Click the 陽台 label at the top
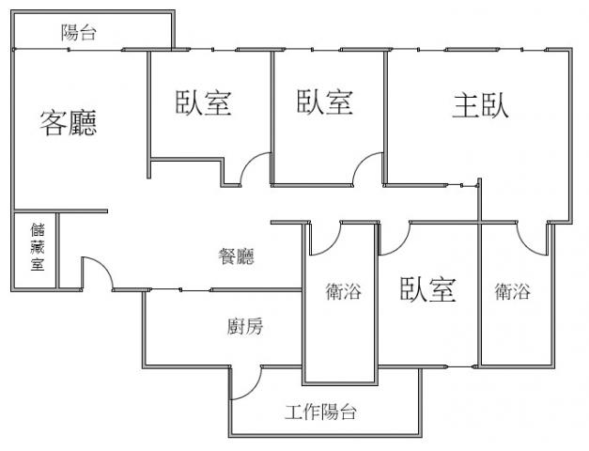tap(79, 32)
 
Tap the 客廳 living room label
tap(69, 122)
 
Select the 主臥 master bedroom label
tap(481, 105)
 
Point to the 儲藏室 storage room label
tap(38, 247)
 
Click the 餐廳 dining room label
tap(237, 257)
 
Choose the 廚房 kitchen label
tap(245, 326)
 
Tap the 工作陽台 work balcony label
tap(320, 412)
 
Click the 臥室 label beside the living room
tap(203, 102)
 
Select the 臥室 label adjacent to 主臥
tap(325, 101)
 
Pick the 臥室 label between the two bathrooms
tap(427, 289)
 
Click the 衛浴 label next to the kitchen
tap(343, 291)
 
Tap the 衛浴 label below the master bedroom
tap(512, 291)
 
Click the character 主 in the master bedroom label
tap(466, 105)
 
